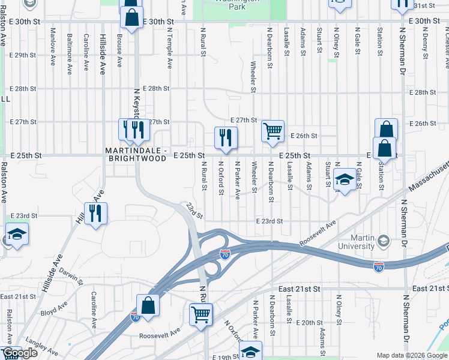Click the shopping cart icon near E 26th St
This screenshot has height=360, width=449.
click(273, 130)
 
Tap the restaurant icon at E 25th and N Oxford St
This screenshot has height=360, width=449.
click(226, 137)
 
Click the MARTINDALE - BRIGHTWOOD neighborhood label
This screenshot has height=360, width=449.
click(136, 155)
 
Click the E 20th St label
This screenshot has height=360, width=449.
click(312, 322)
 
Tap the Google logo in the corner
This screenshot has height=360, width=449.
click(20, 353)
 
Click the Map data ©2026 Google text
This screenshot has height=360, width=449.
click(412, 355)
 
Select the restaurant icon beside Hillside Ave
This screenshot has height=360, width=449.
click(95, 214)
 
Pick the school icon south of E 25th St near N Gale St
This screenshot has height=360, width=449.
click(345, 179)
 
